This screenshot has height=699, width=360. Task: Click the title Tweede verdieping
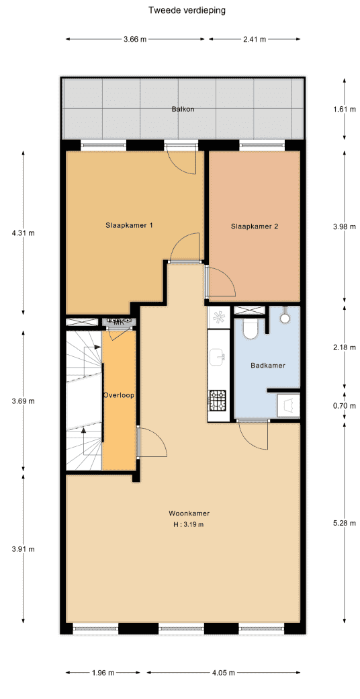[187, 11]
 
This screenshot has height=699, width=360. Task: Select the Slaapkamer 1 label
[129, 225]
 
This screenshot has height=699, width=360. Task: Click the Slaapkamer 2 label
[255, 227]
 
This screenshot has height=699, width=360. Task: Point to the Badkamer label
[268, 366]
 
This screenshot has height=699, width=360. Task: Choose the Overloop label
[118, 395]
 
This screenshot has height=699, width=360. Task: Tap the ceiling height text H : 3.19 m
[189, 524]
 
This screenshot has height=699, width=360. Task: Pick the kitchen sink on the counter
[218, 355]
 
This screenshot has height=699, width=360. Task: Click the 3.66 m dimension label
[135, 39]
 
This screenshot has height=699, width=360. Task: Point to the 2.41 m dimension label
[255, 39]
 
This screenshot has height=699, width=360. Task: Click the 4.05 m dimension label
[223, 660]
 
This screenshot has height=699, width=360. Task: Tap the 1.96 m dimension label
[103, 660]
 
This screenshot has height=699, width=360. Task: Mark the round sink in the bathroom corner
[284, 318]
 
